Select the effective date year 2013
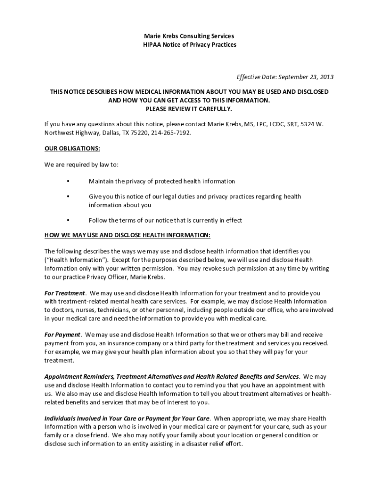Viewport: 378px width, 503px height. tap(326, 77)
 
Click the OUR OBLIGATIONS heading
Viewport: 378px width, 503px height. tap(72, 148)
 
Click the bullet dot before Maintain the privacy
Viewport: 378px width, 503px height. tap(67, 181)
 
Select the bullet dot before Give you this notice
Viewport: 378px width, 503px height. tap(67, 196)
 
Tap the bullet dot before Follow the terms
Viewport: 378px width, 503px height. tap(67, 220)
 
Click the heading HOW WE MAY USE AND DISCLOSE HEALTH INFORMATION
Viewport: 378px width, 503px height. tap(127, 235)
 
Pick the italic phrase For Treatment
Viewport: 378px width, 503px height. tap(64, 293)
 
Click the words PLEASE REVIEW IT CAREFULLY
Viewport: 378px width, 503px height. tap(189, 109)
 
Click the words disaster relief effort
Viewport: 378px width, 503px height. tap(214, 444)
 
